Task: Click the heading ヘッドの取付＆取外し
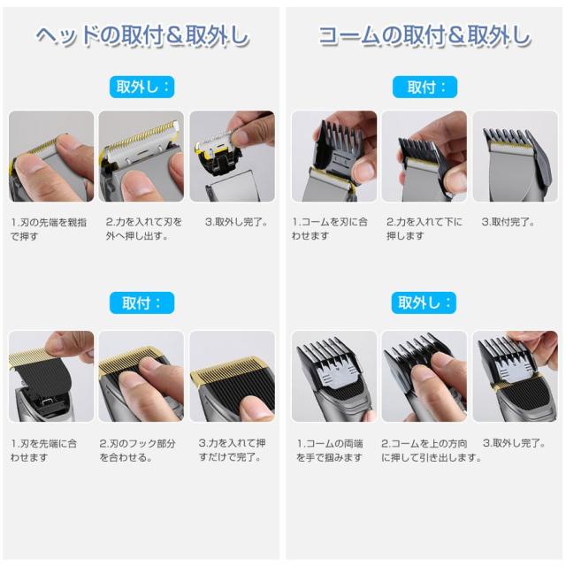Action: click(142, 36)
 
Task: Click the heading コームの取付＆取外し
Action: click(424, 36)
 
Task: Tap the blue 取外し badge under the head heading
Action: click(141, 87)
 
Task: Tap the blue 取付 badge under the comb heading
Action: click(424, 87)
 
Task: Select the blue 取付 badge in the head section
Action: click(141, 302)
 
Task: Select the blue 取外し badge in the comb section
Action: click(424, 302)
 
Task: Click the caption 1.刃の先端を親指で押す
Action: click(49, 229)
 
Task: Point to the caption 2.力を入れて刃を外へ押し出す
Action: click(143, 229)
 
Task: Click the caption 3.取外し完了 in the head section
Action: click(236, 222)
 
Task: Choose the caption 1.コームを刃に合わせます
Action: click(330, 229)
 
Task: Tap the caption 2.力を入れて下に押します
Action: click(424, 229)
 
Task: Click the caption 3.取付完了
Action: click(508, 222)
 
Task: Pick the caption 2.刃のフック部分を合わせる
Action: click(138, 450)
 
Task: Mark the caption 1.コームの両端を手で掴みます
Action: click(330, 450)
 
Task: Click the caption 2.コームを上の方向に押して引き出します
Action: click(432, 450)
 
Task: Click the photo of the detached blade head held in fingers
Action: click(232, 157)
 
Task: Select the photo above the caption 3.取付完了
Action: click(515, 157)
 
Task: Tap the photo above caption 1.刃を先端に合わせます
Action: click(51, 376)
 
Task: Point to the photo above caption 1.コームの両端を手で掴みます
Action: click(334, 376)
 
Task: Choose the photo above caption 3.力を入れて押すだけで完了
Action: click(232, 376)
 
